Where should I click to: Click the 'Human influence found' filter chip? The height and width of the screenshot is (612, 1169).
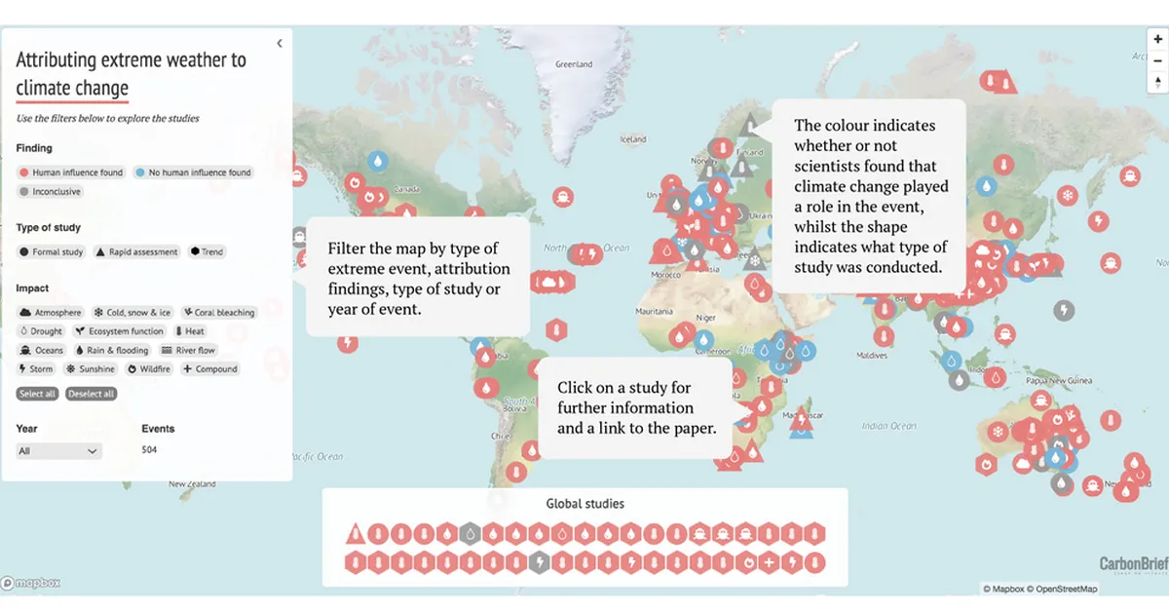(x=71, y=172)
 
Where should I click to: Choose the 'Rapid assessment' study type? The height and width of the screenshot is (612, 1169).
(x=136, y=252)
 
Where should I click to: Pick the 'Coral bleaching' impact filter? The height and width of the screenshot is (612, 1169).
(x=219, y=313)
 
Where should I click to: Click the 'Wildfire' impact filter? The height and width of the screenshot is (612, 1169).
(x=149, y=369)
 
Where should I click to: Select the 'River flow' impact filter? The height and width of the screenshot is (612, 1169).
(x=188, y=351)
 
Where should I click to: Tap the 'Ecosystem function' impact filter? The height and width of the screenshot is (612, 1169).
(x=120, y=331)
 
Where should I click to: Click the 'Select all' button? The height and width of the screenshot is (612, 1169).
(x=38, y=394)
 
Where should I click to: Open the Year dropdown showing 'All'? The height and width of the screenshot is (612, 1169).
(x=59, y=451)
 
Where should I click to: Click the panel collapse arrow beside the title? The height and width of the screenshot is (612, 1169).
(x=280, y=44)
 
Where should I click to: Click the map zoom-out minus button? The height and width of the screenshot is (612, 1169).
(x=1157, y=60)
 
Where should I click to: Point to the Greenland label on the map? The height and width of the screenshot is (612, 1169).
(x=573, y=64)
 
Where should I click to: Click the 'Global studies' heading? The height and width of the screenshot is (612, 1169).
(x=584, y=504)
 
